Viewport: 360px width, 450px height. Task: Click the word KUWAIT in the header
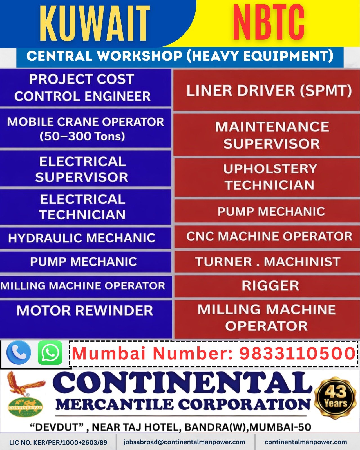pyautogui.click(x=95, y=24)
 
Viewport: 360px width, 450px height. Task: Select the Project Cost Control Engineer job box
pyautogui.click(x=82, y=88)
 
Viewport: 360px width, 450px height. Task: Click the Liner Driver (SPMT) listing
pyautogui.click(x=269, y=91)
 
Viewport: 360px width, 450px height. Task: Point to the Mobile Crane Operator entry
pyautogui.click(x=85, y=129)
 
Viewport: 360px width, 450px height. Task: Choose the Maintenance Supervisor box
pyautogui.click(x=272, y=135)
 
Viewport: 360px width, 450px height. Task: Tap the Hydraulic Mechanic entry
pyautogui.click(x=82, y=238)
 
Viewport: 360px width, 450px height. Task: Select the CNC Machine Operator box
pyautogui.click(x=269, y=236)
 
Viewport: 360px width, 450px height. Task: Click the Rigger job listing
pyautogui.click(x=270, y=286)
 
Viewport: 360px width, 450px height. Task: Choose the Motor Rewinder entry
pyautogui.click(x=85, y=311)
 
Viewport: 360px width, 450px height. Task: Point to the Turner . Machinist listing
pyautogui.click(x=268, y=262)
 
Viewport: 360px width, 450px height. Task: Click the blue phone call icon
pyautogui.click(x=19, y=353)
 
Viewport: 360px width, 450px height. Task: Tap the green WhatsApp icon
pyautogui.click(x=50, y=353)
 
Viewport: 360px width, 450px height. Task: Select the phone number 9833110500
pyautogui.click(x=297, y=353)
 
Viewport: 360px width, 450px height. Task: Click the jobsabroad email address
pyautogui.click(x=184, y=442)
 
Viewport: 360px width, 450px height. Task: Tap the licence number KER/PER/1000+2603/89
pyautogui.click(x=70, y=443)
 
